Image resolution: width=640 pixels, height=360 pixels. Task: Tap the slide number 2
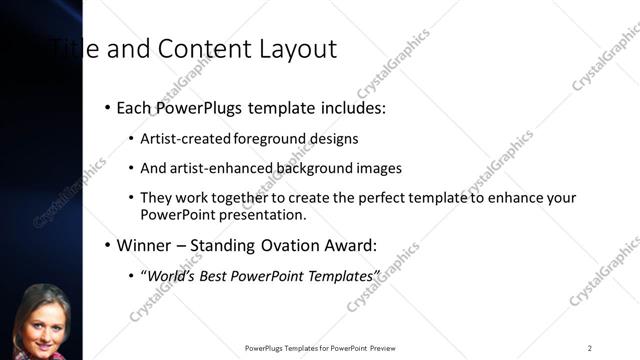click(x=590, y=348)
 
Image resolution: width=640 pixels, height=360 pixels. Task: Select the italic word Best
click(x=227, y=275)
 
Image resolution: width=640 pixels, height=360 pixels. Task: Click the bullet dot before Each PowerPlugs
click(x=107, y=106)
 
